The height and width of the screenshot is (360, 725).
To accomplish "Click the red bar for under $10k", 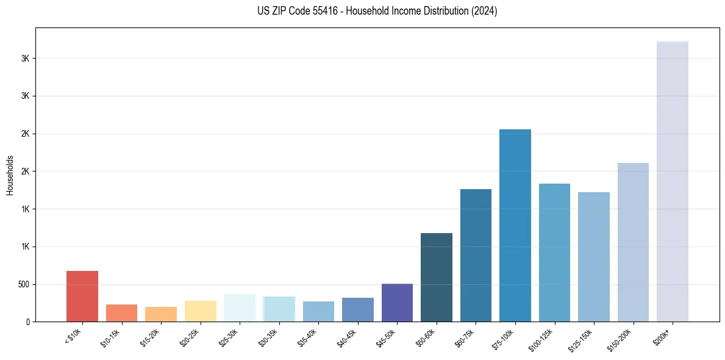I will (x=82, y=296).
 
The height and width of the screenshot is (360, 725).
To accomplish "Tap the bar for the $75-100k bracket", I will (x=515, y=225).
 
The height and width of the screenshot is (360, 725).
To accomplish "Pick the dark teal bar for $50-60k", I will (x=437, y=277).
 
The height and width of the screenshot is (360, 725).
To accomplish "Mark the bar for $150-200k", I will (x=633, y=242).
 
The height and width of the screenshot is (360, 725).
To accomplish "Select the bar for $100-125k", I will (x=554, y=253).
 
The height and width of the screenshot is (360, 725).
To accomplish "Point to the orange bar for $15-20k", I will (x=161, y=314).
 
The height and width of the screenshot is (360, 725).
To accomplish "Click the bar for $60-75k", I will (x=476, y=255).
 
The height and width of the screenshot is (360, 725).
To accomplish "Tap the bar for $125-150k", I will (x=594, y=257).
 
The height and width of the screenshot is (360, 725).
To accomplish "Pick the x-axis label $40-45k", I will (x=348, y=337).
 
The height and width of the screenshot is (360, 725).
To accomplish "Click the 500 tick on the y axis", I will (x=25, y=284).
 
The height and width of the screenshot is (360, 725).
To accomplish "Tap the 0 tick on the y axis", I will (x=27, y=322).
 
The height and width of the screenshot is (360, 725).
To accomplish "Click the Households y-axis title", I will (x=10, y=175).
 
